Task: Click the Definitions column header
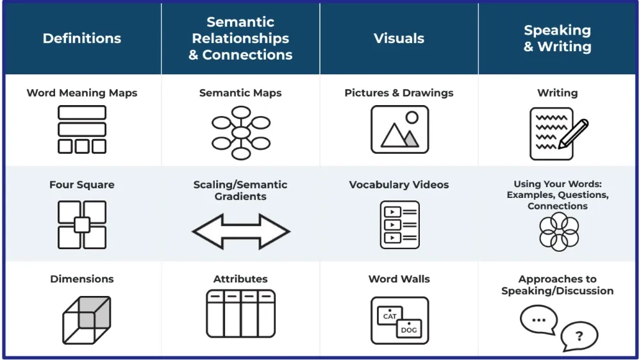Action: point(82,38)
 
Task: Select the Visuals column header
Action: point(399,38)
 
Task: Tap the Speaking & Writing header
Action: point(558,38)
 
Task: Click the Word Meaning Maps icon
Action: point(82,129)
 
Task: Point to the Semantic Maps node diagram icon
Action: point(240,133)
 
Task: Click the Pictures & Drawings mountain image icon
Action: point(399,129)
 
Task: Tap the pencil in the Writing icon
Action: point(574,133)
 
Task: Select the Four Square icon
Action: point(82,225)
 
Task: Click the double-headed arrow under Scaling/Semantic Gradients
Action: point(240,231)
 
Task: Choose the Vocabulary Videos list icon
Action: point(399,225)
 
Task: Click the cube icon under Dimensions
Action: point(87,320)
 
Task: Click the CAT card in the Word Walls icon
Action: point(390,316)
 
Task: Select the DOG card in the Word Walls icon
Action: point(408,329)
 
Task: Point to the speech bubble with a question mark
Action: point(578,336)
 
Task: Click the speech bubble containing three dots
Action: point(538,320)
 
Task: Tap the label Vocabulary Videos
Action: point(399,184)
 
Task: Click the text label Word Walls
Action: point(399,279)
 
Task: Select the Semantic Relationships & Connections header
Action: point(240,38)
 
